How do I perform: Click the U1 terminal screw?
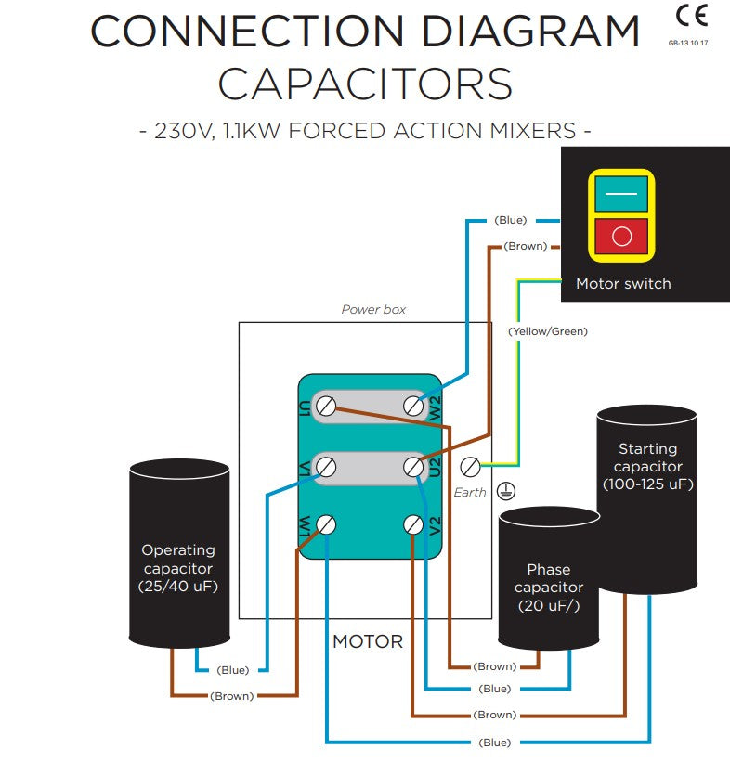coord(326,406)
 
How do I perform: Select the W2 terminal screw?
coord(413,406)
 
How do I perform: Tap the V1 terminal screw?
coord(326,468)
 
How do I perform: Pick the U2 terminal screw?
coord(413,468)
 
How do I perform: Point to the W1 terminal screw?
coord(326,524)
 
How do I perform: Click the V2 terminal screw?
coord(413,524)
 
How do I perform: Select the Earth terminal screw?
coord(470,467)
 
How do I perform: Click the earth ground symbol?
coord(506,491)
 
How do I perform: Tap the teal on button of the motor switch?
coord(621,193)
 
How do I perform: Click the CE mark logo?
coord(691,17)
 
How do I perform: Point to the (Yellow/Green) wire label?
coord(548,331)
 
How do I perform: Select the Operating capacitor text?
coord(178,559)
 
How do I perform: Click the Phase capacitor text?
coord(549,578)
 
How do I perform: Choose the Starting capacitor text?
coord(648,458)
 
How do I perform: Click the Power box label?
coord(373,310)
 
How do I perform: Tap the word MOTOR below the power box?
coord(368,641)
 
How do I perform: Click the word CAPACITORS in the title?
coord(365,84)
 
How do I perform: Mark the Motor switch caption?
coord(623,283)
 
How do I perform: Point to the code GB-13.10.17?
coord(687,43)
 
